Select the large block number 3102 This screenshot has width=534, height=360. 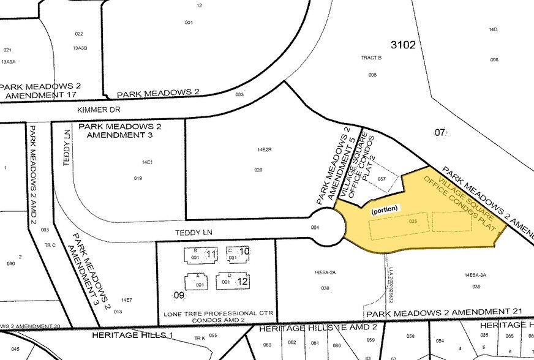click(403, 44)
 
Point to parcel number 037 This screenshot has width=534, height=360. click(382, 179)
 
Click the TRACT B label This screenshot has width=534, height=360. click(372, 58)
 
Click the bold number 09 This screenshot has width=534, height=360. click(179, 296)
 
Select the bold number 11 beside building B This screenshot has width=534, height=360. click(212, 254)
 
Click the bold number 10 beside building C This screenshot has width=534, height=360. click(244, 252)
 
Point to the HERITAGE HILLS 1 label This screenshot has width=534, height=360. click(133, 336)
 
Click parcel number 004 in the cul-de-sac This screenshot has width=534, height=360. click(315, 228)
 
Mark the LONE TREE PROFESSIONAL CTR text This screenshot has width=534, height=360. click(218, 314)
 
